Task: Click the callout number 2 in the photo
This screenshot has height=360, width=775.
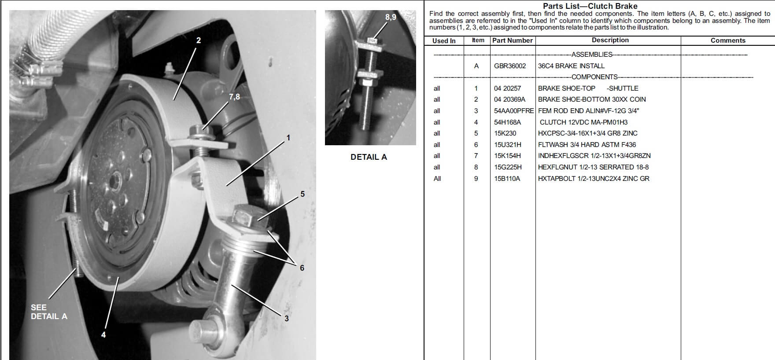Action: tap(199, 40)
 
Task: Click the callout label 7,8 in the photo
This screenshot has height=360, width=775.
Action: tap(234, 97)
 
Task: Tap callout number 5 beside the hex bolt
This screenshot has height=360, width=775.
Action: tap(303, 194)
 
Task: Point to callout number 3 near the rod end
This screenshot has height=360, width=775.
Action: tap(286, 319)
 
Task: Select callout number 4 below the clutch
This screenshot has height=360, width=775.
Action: tap(103, 334)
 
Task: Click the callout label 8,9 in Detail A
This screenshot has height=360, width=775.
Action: tap(391, 17)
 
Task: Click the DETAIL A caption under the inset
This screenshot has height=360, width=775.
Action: tap(369, 157)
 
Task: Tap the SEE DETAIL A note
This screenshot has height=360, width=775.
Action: tap(49, 312)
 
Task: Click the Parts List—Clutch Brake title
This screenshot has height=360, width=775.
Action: tap(590, 6)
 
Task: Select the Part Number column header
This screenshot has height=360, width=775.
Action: tap(513, 40)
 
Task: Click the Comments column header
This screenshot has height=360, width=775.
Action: tap(728, 40)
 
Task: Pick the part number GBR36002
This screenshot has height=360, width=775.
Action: tap(510, 66)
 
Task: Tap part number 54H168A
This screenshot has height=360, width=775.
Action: tap(507, 122)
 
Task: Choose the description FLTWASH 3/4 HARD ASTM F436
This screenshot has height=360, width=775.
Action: tap(587, 145)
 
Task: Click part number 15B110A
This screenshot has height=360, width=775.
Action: tap(507, 179)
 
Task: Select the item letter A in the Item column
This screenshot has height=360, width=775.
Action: tap(476, 66)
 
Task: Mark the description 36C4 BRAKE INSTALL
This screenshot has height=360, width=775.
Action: tap(571, 66)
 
